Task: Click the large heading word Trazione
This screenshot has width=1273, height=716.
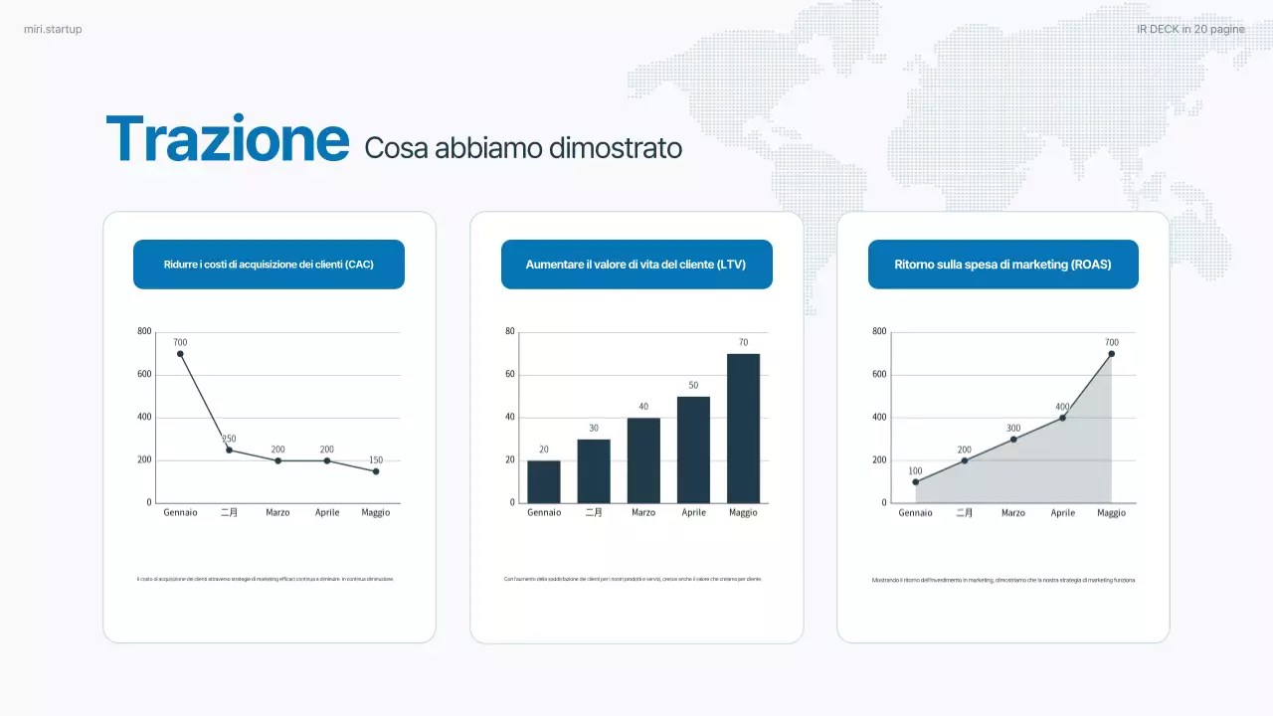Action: (228, 139)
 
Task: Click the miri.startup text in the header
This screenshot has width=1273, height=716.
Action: (53, 30)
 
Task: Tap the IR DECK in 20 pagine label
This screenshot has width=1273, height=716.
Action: (1190, 30)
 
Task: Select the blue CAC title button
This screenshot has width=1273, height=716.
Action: (269, 265)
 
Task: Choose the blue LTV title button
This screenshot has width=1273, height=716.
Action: (636, 265)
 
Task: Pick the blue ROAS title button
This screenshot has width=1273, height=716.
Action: (1002, 265)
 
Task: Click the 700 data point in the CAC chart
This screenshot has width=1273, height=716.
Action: (180, 354)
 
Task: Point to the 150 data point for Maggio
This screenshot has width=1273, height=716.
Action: (376, 471)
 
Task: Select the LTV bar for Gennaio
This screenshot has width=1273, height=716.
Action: (544, 481)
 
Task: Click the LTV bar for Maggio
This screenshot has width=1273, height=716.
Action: (743, 428)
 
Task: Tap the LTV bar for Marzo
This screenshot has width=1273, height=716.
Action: (643, 459)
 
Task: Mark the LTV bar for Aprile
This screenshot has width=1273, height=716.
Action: (693, 449)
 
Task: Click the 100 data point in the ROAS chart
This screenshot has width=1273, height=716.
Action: (915, 482)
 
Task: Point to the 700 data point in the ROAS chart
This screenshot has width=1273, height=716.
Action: (1111, 354)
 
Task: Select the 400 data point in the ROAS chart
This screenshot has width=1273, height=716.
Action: (1062, 418)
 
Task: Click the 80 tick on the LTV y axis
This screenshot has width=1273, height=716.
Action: (510, 331)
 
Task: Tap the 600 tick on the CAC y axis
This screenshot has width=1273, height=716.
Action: (145, 375)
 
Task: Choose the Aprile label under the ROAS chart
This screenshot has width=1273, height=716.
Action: (1062, 513)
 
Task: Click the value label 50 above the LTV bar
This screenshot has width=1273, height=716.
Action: (693, 385)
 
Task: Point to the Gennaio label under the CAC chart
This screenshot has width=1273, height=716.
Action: (180, 513)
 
